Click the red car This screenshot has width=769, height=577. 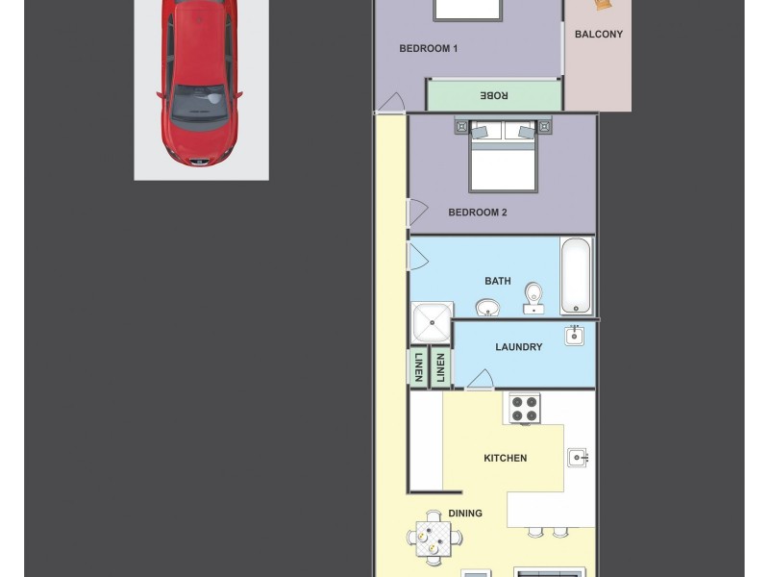coord(200,82)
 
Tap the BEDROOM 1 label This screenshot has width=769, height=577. coord(428,48)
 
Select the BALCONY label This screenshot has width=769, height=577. coord(598,35)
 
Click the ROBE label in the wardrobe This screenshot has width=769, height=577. coord(494,95)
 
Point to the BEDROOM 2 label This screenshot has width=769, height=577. coord(477,213)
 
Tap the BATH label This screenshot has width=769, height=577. coord(497,281)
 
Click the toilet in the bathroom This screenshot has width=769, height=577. coord(533,297)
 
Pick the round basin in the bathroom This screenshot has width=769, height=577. coord(488,308)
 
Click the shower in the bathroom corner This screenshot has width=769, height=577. coord(431,322)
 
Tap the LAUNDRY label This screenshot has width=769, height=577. coord(518,347)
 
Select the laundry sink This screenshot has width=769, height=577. coord(575,336)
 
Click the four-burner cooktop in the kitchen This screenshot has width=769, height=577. coord(524,409)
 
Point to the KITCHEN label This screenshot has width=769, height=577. coord(505,458)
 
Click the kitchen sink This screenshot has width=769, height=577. coord(577,458)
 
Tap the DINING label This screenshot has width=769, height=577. coord(465,514)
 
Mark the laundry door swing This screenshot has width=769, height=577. coord(480,379)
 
